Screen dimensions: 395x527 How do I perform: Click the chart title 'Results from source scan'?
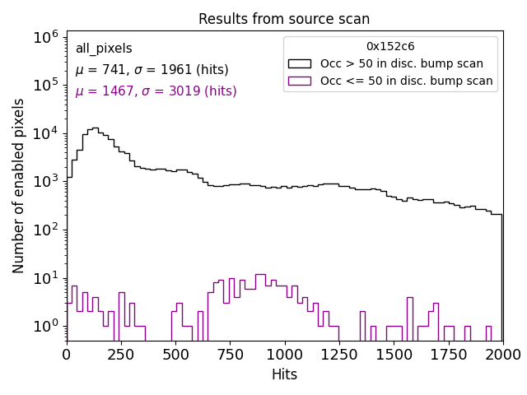pos(284,19)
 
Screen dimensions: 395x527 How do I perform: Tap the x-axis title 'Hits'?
pos(284,374)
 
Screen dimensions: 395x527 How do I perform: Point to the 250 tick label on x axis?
pos(121,355)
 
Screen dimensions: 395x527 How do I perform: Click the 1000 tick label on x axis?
pos(284,355)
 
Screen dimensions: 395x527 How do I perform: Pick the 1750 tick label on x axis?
pos(448,355)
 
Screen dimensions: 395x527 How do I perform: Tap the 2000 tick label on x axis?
pos(501,355)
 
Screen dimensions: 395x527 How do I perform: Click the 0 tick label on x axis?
pos(67,355)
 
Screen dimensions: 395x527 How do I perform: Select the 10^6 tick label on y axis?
pos(45,37)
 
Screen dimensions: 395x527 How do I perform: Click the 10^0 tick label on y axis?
pos(45,327)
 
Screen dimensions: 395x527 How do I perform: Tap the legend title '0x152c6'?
pos(390,47)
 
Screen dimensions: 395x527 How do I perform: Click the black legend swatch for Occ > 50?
pos(301,63)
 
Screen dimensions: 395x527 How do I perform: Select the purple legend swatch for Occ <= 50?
pos(301,81)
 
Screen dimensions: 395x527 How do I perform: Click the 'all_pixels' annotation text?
pos(104,49)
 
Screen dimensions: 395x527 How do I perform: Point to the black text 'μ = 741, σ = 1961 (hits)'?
pos(152,70)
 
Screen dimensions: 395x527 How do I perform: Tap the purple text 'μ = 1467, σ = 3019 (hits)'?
pos(156,91)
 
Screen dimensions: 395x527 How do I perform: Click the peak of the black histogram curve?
pos(95,128)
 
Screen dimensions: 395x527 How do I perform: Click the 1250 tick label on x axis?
pos(339,355)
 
